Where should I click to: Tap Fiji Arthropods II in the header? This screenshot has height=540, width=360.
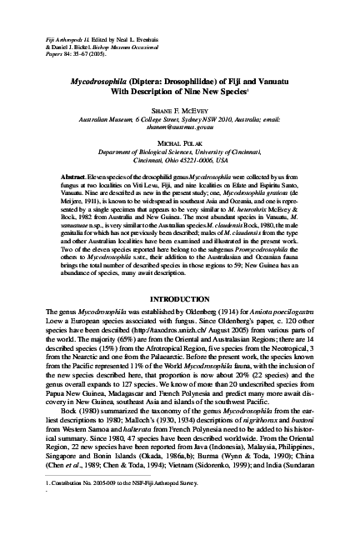pyautogui.click(x=51, y=17)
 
